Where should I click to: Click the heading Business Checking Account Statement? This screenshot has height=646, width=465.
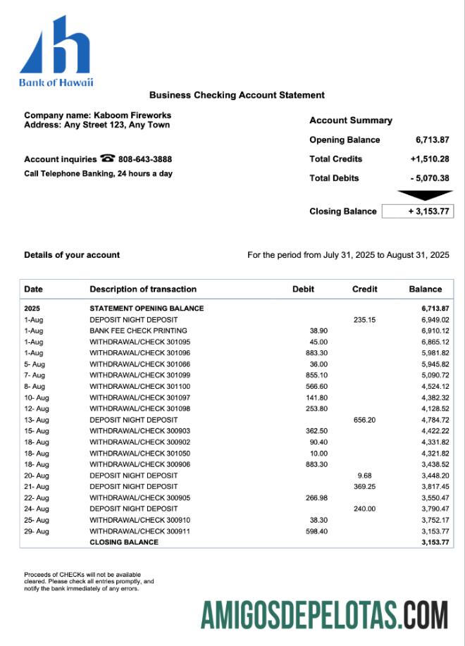[237, 95]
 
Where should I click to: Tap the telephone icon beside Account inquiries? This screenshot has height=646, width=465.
[108, 159]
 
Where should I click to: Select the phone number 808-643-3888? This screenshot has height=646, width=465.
[145, 159]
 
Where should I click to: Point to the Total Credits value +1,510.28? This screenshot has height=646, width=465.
[429, 159]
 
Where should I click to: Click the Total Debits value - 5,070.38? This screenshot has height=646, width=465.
[429, 178]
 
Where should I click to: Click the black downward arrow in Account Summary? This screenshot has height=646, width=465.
[424, 195]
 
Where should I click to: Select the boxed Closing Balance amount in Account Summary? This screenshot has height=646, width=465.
[417, 211]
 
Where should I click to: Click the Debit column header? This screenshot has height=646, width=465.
[303, 289]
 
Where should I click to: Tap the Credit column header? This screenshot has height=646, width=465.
[364, 289]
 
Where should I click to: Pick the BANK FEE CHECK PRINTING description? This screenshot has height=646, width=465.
[138, 330]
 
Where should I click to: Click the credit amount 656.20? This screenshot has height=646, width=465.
[364, 420]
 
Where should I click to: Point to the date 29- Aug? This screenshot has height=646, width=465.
[37, 531]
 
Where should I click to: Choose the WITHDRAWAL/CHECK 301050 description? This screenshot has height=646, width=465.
[139, 453]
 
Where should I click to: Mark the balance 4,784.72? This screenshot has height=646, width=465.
[435, 420]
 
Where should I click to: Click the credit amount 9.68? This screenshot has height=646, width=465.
[364, 476]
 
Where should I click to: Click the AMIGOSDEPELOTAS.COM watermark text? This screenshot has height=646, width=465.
[324, 615]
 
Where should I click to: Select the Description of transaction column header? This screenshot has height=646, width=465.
[143, 289]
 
